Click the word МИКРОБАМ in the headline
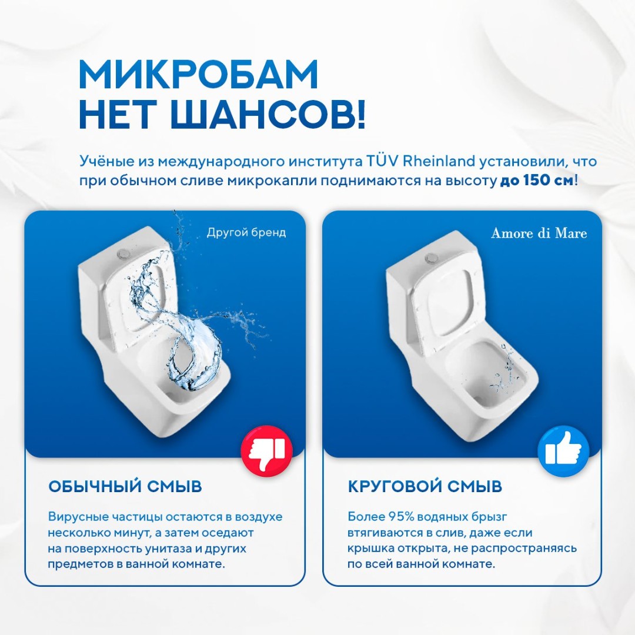(x=199, y=75)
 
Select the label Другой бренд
(x=246, y=232)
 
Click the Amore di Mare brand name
(x=539, y=233)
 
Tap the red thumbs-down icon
(x=267, y=451)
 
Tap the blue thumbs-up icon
(x=563, y=451)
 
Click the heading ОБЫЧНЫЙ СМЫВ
(x=125, y=486)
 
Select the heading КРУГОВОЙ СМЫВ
(x=425, y=486)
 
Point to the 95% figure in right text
(x=402, y=517)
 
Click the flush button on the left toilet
(x=123, y=254)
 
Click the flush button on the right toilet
(x=432, y=257)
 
